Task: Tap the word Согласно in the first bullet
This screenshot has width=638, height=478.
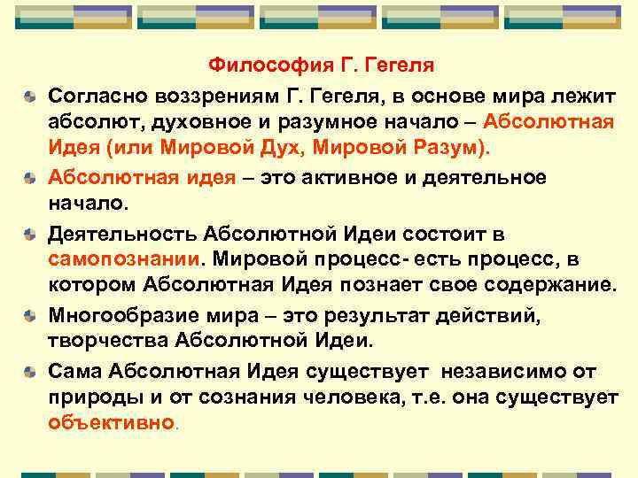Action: click(x=95, y=94)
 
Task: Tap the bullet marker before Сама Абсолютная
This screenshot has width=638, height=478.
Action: click(x=30, y=371)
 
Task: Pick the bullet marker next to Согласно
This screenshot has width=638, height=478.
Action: click(x=30, y=95)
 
